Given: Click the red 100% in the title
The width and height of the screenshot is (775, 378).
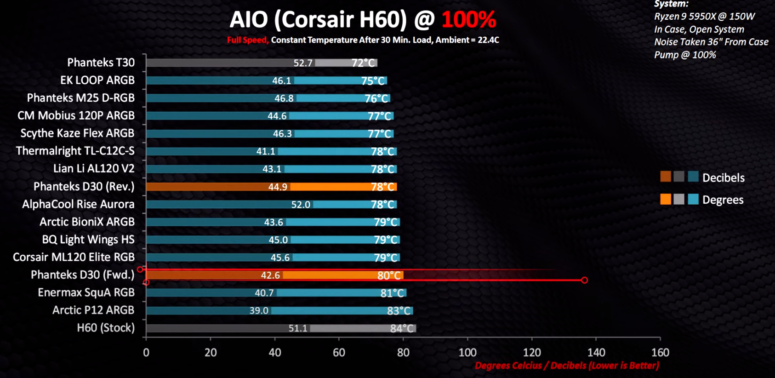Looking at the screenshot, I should click(x=468, y=19).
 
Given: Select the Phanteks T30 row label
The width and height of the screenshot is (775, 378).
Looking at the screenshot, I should click(x=101, y=63).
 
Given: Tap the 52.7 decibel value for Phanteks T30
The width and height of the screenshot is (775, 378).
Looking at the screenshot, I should click(x=303, y=63).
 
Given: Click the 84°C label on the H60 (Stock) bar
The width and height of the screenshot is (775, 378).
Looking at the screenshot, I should click(x=402, y=328).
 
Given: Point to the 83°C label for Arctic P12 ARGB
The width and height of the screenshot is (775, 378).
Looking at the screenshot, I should click(x=399, y=311).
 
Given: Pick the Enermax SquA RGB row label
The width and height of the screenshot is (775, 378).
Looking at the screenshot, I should click(x=86, y=292).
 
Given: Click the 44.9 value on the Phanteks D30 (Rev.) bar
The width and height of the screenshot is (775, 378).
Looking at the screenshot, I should click(x=278, y=187).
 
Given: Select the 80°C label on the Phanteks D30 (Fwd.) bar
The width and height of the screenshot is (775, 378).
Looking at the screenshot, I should click(x=389, y=275).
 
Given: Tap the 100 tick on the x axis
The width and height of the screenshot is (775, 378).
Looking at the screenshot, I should click(x=467, y=353).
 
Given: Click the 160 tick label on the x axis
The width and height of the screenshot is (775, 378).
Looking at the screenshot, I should click(x=660, y=353).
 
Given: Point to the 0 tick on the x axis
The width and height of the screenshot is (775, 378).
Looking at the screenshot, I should click(x=146, y=353).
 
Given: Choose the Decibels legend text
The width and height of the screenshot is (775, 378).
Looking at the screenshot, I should click(x=723, y=178).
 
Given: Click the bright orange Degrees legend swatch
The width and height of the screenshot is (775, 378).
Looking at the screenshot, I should click(x=666, y=199).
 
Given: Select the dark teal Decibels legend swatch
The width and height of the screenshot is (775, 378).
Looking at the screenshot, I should click(x=693, y=177).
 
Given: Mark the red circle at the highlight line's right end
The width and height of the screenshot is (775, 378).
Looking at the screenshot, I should click(x=584, y=280).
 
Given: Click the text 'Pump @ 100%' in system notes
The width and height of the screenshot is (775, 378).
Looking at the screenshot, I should click(x=685, y=55).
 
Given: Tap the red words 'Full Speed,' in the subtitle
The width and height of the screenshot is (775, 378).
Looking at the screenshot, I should click(x=247, y=40).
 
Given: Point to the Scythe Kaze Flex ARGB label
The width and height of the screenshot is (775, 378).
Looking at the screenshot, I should click(x=77, y=133).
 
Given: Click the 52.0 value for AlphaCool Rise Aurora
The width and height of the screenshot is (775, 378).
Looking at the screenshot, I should click(x=301, y=205).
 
